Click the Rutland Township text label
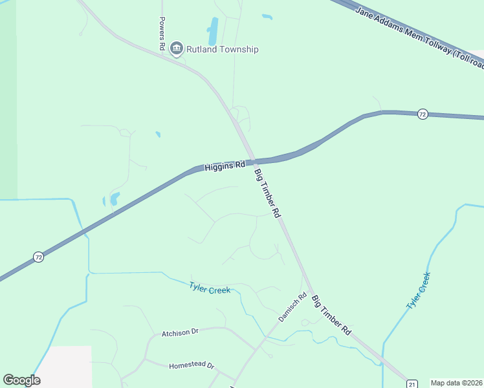[x=223, y=49]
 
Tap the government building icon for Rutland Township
[x=176, y=48]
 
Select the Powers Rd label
[x=162, y=34]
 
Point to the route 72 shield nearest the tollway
[x=423, y=114]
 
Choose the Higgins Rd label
[x=225, y=166]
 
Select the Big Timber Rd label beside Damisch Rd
[x=331, y=315]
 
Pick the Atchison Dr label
[x=180, y=332]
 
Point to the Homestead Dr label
[x=192, y=365]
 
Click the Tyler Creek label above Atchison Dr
[x=210, y=288]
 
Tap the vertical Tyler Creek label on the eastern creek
[x=417, y=291]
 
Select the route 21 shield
[x=412, y=383]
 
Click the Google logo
[x=21, y=380]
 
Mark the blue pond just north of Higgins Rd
[x=114, y=199]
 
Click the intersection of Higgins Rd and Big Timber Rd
[x=252, y=161]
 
